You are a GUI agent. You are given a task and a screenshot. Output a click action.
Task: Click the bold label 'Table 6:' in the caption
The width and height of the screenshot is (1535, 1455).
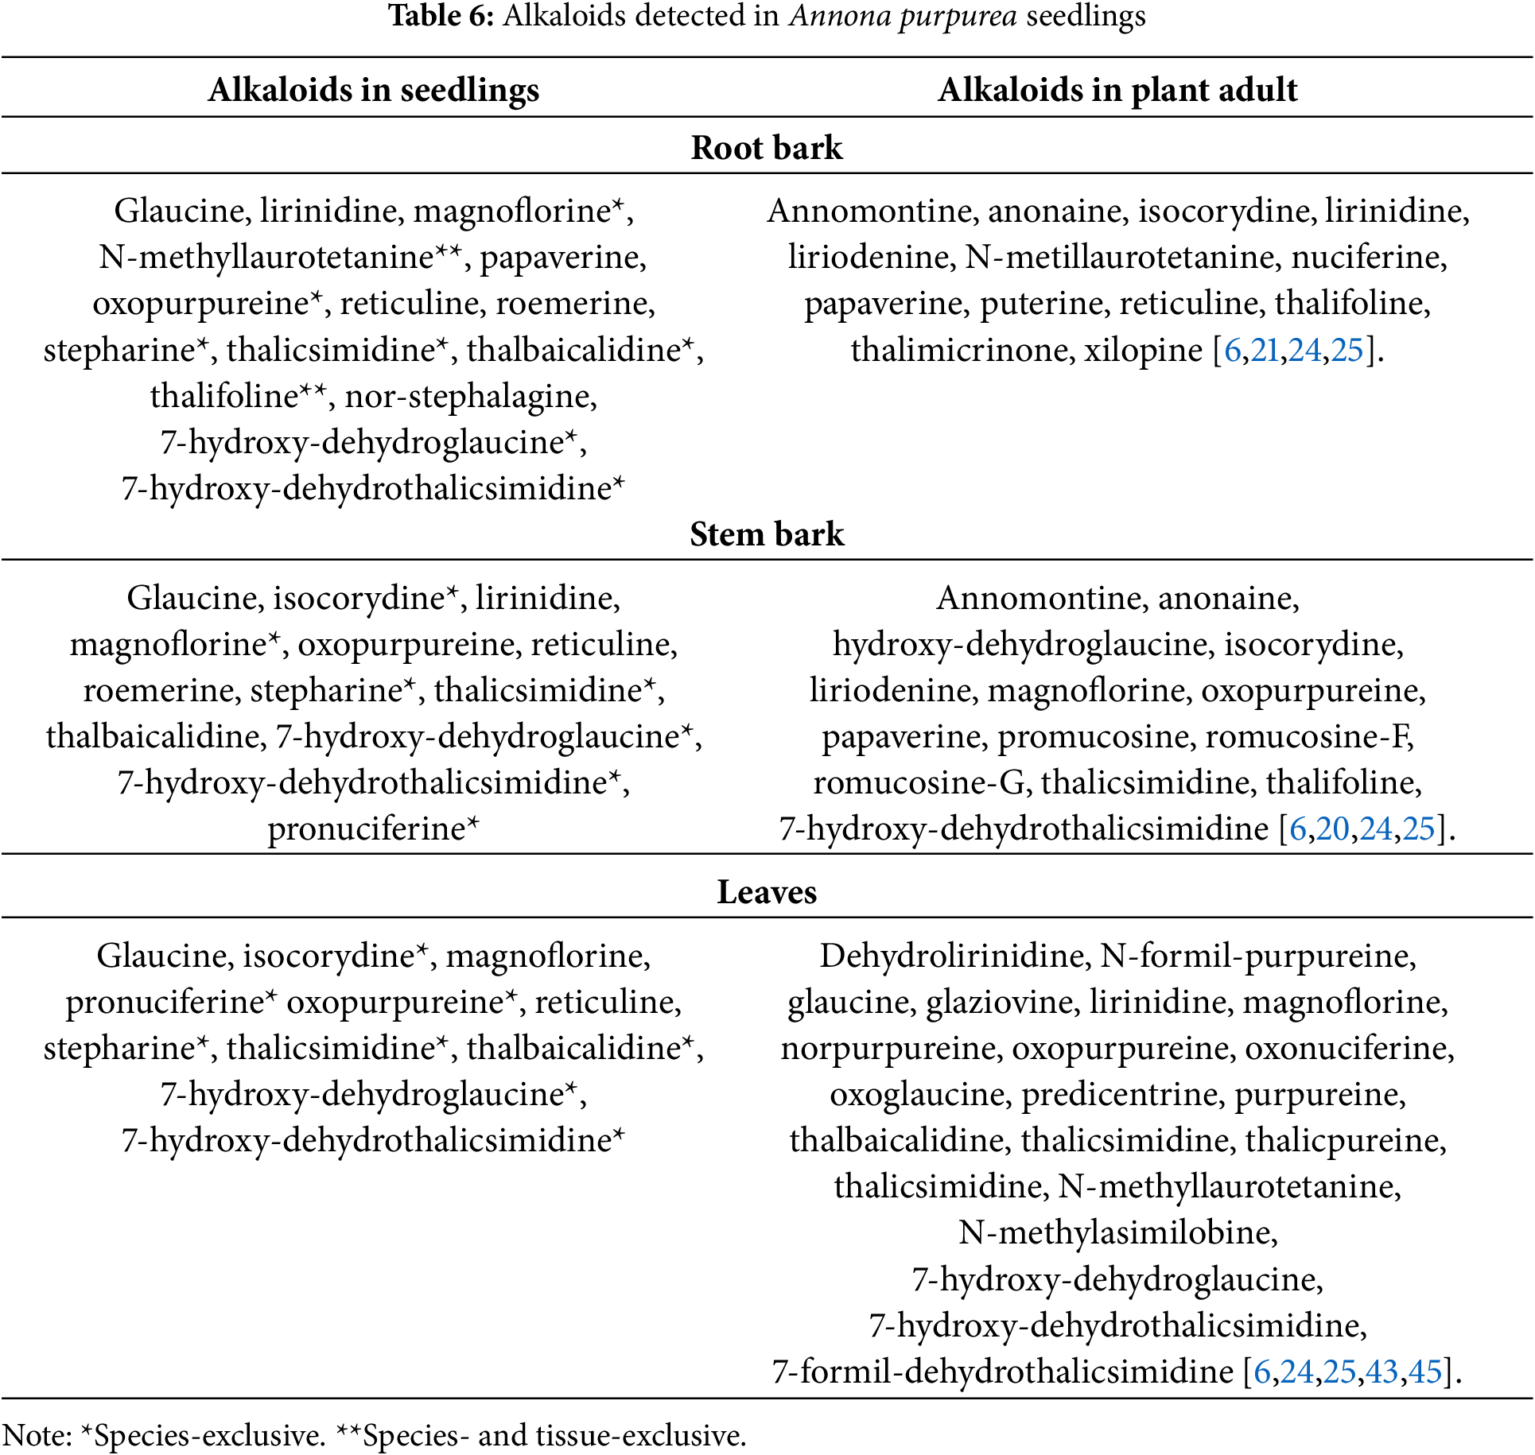[x=441, y=16]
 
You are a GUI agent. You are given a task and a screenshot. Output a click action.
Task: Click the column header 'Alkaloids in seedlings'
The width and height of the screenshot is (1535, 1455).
[x=373, y=90]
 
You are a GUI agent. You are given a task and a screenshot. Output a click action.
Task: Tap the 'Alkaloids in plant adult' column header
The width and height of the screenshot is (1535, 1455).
[x=1117, y=90]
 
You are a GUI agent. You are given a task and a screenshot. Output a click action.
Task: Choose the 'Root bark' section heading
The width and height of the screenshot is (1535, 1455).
[x=767, y=148]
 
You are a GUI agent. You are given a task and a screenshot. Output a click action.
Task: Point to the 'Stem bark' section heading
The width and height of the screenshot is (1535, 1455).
[x=767, y=534]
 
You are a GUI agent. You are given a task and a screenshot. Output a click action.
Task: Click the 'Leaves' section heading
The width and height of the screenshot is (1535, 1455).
[x=767, y=892]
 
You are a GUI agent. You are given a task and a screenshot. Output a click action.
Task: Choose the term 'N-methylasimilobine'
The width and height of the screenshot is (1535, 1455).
[x=1117, y=1233]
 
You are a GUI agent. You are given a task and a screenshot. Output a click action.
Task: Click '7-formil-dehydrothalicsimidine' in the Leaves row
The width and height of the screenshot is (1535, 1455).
[x=1002, y=1372]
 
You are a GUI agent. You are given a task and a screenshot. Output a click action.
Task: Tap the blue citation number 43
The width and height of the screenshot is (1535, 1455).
[x=1381, y=1372]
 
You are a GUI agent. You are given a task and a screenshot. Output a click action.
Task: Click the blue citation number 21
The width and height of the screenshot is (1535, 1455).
[x=1265, y=350]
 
